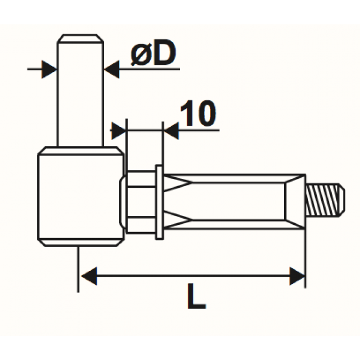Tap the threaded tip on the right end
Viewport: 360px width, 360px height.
pyautogui.click(x=326, y=200)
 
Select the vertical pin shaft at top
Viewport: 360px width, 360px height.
pyautogui.click(x=80, y=94)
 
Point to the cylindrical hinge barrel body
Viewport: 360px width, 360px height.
pyautogui.click(x=80, y=197)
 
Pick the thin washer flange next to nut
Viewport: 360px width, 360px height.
pyautogui.click(x=160, y=202)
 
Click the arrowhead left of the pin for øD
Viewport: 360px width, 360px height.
pyautogui.click(x=50, y=69)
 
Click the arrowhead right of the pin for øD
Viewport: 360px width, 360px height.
pyautogui.click(x=111, y=69)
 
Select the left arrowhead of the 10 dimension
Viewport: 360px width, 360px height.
pyautogui.click(x=119, y=131)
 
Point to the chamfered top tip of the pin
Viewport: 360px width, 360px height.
pyautogui.click(x=80, y=38)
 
